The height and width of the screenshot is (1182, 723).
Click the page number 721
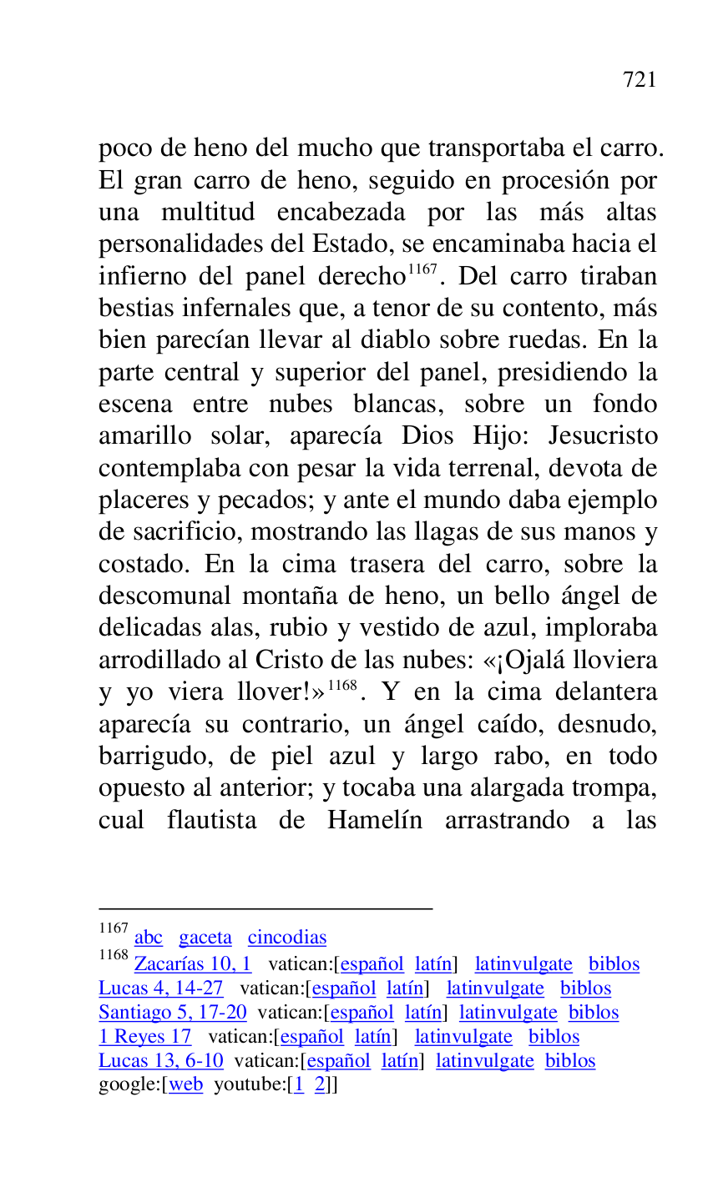pos(640,80)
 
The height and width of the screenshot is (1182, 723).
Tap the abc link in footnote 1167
pos(149,938)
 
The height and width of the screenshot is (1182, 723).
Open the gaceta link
pos(205,938)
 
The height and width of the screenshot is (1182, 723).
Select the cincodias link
pos(287,938)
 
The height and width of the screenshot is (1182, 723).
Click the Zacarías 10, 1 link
pos(193,964)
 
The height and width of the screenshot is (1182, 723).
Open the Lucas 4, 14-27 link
pos(161,988)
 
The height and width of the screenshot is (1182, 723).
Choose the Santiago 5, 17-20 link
pos(173,1013)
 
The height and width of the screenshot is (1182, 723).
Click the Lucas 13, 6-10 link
pos(161,1061)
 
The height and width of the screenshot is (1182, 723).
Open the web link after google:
pos(186,1085)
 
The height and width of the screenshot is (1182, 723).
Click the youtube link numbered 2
pos(320,1085)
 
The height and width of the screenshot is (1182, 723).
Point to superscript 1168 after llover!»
pos(342,685)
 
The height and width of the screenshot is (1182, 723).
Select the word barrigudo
pos(149,757)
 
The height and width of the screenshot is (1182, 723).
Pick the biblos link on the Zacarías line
pos(614,964)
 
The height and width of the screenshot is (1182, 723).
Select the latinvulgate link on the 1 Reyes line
pos(463,1037)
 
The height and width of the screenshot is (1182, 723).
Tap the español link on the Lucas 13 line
pos(341,1061)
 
